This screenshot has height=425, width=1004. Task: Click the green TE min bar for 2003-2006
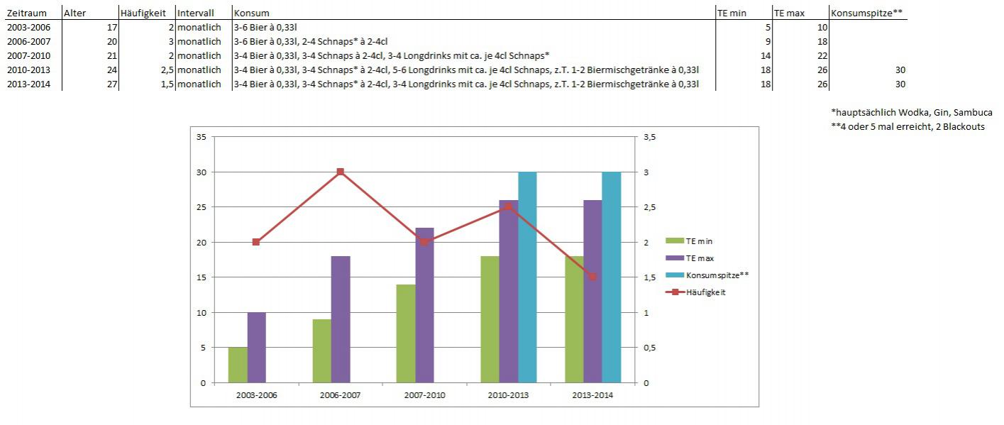point(238,365)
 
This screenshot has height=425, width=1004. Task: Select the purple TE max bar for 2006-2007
point(341,319)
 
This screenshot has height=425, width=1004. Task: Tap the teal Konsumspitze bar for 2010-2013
point(527,277)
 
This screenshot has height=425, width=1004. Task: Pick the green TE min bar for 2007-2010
point(406,333)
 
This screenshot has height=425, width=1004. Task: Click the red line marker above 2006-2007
point(341,172)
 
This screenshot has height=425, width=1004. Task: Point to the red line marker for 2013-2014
point(592,277)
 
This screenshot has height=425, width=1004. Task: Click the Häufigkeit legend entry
point(706,292)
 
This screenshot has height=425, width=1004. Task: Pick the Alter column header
point(75,13)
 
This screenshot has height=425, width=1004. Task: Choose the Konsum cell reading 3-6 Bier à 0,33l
point(270,27)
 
